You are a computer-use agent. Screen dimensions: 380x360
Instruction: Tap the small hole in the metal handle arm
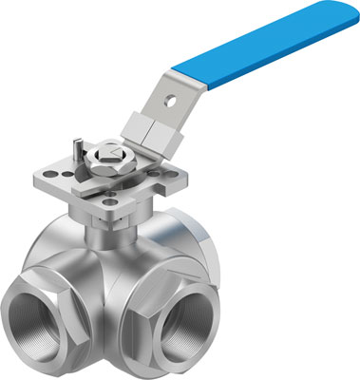(x=173, y=95)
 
